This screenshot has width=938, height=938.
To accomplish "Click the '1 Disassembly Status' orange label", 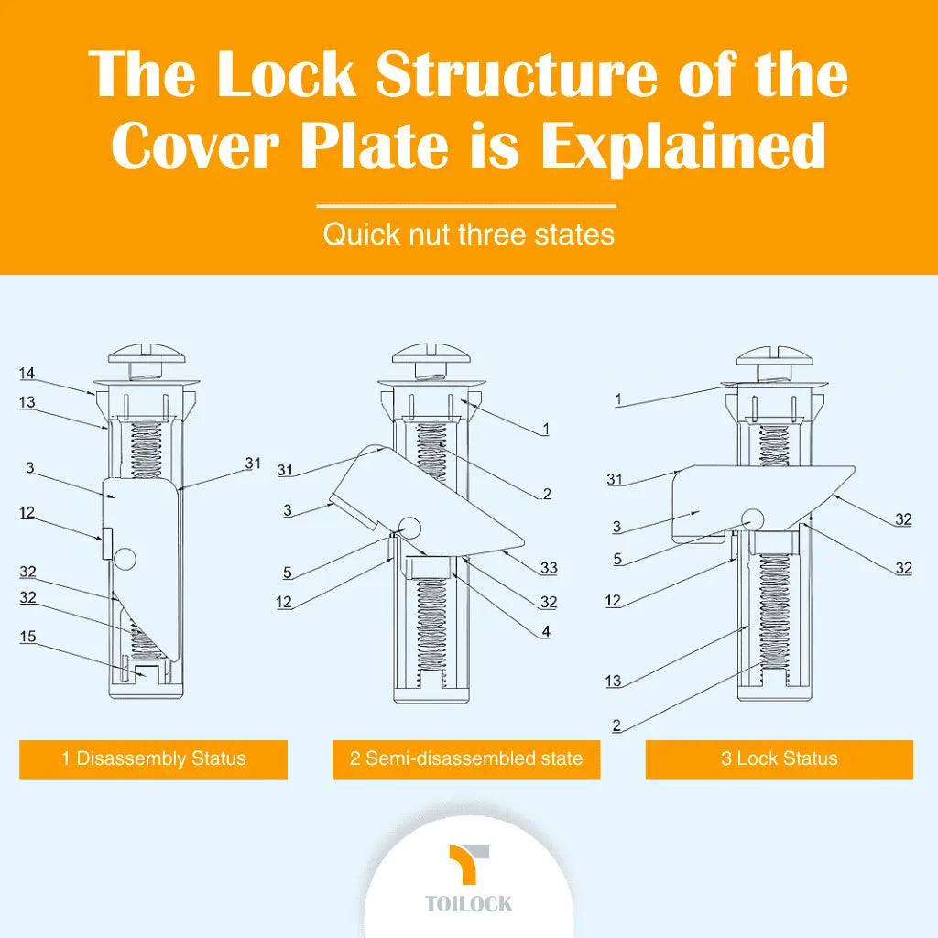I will [x=153, y=759].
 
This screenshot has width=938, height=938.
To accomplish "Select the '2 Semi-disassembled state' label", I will [x=465, y=759].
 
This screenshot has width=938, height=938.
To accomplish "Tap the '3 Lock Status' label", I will [x=779, y=759].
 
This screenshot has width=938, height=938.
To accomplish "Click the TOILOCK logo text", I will [x=469, y=904].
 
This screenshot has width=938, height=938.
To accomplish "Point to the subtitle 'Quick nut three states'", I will [x=468, y=234].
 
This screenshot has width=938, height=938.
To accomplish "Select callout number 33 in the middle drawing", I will [x=549, y=568].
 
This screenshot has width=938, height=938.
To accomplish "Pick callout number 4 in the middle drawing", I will [x=545, y=631].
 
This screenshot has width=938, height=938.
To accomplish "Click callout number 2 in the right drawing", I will [x=616, y=725].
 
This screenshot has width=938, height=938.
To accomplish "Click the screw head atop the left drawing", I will [x=147, y=353].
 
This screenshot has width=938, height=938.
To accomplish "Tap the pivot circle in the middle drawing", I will [x=409, y=527].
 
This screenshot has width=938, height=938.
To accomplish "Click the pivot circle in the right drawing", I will [x=754, y=518].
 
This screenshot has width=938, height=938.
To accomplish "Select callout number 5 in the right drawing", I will [x=616, y=558].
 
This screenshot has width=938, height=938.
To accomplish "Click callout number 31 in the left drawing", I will [x=253, y=464].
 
